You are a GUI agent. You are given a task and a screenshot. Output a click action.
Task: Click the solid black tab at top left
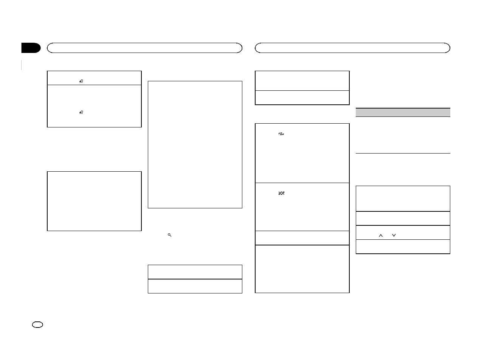click(31, 48)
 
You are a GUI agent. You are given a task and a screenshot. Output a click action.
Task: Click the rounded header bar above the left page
click(144, 48)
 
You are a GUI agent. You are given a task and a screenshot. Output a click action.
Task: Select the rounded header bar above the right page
click(352, 48)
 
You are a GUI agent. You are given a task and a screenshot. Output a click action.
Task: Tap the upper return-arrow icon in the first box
click(81, 81)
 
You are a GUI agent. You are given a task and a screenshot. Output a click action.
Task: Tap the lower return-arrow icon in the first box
click(81, 112)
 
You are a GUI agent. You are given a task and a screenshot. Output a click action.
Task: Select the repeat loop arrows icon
click(281, 134)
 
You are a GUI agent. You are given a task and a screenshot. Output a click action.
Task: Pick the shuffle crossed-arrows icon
click(281, 193)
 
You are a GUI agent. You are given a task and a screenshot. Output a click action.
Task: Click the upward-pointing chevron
click(381, 235)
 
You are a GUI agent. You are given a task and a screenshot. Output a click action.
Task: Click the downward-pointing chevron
click(394, 235)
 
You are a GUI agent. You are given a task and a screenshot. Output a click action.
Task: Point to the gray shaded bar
click(403, 112)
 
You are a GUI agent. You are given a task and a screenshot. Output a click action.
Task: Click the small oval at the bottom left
click(38, 324)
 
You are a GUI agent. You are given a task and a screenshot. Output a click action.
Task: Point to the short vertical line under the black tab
click(22, 65)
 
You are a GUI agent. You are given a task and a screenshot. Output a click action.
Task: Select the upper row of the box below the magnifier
click(195, 272)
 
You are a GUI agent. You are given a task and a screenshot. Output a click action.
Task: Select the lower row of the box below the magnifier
click(195, 286)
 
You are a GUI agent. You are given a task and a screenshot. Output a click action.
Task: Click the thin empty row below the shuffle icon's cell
click(302, 238)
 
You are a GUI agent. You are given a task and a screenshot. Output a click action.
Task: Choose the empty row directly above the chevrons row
click(403, 218)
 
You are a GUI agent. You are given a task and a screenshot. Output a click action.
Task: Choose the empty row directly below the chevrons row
click(403, 247)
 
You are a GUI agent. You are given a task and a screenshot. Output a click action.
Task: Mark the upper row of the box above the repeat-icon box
click(302, 81)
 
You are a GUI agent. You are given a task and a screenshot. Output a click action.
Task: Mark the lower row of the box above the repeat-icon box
click(302, 98)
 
